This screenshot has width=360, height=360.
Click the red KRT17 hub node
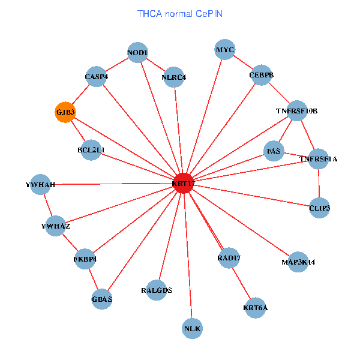pyautogui.click(x=183, y=183)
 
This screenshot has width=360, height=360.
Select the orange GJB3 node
pyautogui.click(x=65, y=112)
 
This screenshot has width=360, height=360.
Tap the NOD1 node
pyautogui.click(x=137, y=53)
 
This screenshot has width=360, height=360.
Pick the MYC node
pyautogui.click(x=225, y=49)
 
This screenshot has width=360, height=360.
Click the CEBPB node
pyautogui.click(x=262, y=75)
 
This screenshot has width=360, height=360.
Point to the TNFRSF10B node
pyautogui.click(x=297, y=111)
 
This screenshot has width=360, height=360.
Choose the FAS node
pyautogui.click(x=274, y=150)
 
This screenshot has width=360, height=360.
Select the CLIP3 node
pyautogui.click(x=319, y=208)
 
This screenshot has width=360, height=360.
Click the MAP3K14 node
pyautogui.click(x=298, y=262)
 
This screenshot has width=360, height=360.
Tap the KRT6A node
pyautogui.click(x=256, y=308)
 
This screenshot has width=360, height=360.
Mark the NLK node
pyautogui.click(x=192, y=328)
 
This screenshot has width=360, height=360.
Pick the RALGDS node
pyautogui.click(x=157, y=290)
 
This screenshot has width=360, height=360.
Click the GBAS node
pyautogui.click(x=102, y=299)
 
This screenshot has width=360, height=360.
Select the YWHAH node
pyautogui.click(x=41, y=185)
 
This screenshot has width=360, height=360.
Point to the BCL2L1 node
pyautogui.click(x=91, y=149)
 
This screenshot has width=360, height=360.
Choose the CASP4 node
pyautogui.click(x=96, y=77)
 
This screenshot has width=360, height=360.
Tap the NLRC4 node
pyautogui.click(x=174, y=77)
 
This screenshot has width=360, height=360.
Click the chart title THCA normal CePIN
pyautogui.click(x=179, y=13)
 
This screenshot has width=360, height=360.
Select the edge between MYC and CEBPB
pyautogui.click(x=243, y=62)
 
